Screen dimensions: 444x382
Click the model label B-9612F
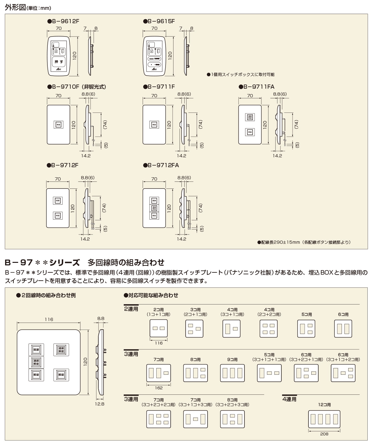click(63, 21)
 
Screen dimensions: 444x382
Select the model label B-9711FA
click(257, 86)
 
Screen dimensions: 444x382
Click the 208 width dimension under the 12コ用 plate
click(324, 434)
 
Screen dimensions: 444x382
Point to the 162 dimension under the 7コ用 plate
click(159, 388)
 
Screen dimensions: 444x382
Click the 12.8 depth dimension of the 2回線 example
click(100, 404)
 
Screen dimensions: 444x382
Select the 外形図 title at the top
click(15, 7)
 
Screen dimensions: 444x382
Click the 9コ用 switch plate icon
click(232, 373)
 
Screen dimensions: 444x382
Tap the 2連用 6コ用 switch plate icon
click(343, 328)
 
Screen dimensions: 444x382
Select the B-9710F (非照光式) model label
click(76, 86)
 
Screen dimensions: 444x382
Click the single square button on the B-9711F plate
click(154, 125)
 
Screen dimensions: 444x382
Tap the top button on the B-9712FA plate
click(154, 201)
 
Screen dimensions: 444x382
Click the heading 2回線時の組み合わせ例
click(46, 295)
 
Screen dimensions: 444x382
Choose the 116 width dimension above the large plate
click(49, 319)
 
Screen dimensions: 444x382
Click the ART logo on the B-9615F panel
click(154, 69)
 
